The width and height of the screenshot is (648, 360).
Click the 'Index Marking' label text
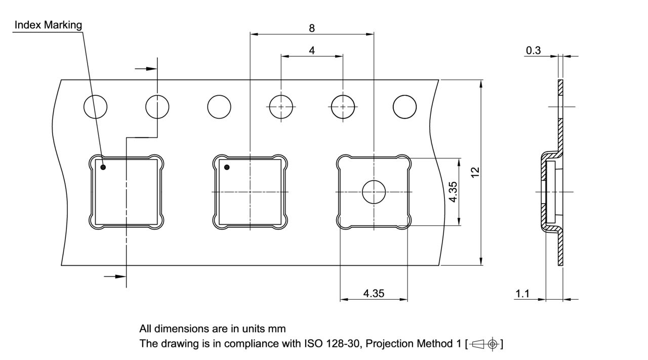point(48,25)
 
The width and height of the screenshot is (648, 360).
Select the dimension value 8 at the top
point(312,28)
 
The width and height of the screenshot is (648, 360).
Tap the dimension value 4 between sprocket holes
point(312,51)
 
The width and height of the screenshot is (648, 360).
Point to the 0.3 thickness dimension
point(533,50)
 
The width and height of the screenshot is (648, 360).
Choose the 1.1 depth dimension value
point(522,294)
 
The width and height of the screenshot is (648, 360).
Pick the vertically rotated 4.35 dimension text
point(454,192)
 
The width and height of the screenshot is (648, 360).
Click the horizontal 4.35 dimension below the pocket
point(374,293)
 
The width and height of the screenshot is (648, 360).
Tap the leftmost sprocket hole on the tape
point(96,107)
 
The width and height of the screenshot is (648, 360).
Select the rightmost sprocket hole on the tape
point(405,107)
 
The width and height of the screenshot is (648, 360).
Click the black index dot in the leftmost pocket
point(103,167)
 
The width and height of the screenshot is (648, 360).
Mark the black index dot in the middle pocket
point(227,167)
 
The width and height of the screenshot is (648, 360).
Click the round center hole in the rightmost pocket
point(374,192)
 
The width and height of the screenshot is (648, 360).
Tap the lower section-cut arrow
point(115,276)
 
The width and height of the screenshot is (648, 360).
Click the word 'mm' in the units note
point(276,329)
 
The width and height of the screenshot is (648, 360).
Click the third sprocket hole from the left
point(219,107)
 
